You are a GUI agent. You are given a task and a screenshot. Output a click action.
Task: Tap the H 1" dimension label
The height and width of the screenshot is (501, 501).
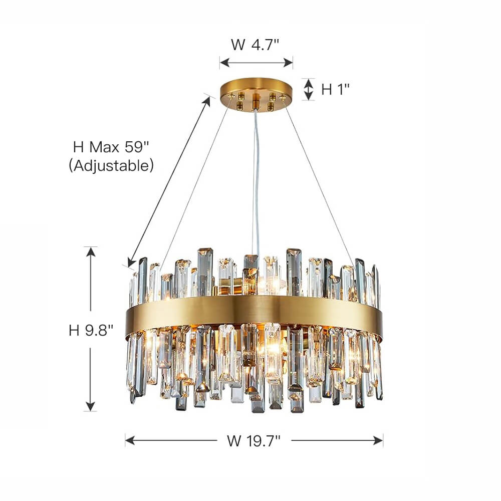335,90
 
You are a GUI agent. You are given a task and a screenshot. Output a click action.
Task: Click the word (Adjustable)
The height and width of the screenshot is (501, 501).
111,165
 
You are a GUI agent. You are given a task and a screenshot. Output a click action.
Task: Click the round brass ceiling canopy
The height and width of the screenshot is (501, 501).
256,91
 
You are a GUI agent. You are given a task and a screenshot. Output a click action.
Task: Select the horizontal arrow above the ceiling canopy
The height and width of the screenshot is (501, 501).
256,63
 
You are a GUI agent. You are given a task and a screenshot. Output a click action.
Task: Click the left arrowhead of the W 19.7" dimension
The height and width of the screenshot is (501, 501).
129,440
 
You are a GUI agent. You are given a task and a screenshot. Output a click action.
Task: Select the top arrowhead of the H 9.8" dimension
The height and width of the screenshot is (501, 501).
91,251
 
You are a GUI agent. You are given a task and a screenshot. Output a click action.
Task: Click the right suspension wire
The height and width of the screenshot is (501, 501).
321,185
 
